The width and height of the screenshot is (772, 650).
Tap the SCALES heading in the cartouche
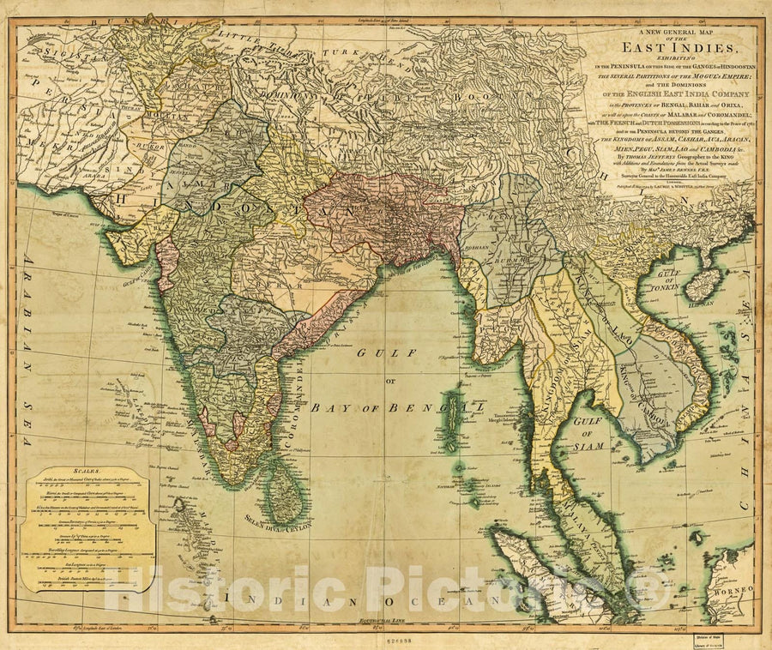(x=86, y=472)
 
